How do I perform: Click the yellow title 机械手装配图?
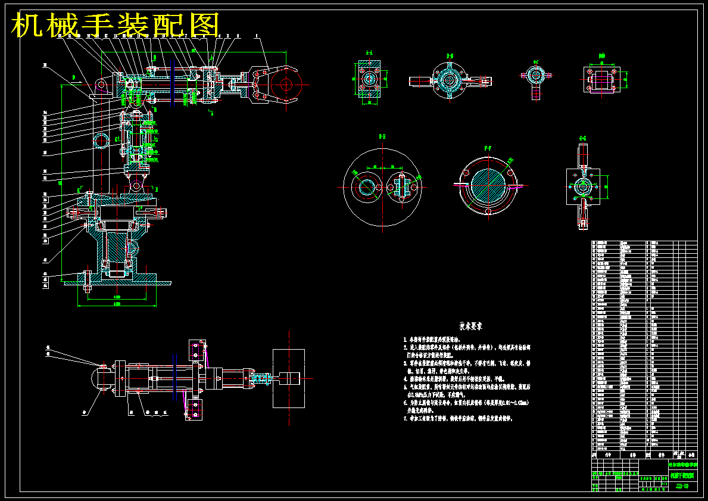coord(116,26)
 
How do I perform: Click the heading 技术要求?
coord(470,326)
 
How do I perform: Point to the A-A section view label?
coord(369,52)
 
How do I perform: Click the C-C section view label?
coord(535,61)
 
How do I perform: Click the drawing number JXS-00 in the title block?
coord(682,487)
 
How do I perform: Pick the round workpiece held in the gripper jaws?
coord(285,83)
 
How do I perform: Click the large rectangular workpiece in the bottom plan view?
coord(288,378)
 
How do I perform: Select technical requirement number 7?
coord(459,419)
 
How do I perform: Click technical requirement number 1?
coord(447,338)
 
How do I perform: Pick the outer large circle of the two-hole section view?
coord(345,187)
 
